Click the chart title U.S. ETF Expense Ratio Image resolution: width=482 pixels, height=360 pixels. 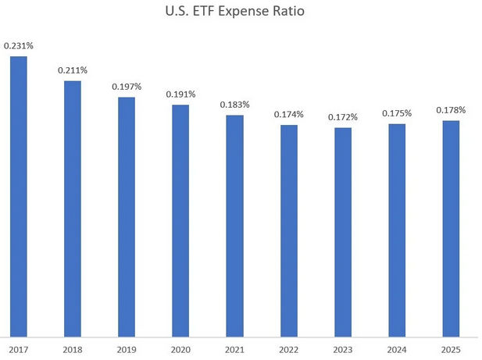241,13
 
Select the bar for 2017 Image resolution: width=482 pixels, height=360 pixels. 19,196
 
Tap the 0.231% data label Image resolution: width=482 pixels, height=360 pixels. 19,46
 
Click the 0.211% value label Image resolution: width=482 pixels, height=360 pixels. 73,70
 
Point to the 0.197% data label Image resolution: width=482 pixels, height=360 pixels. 127,87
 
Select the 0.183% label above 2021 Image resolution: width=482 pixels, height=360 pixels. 234,105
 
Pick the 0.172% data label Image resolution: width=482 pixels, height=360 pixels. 343,117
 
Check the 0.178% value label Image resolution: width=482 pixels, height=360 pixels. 451,110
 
